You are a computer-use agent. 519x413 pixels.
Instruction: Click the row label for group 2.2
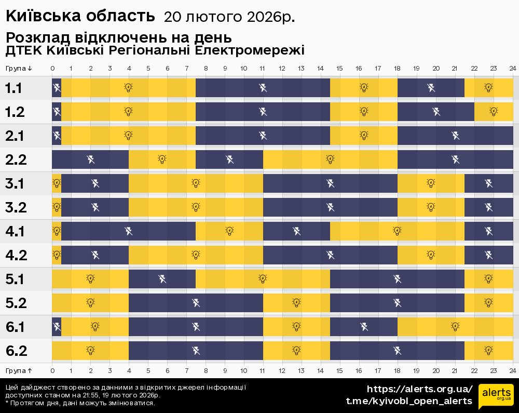click(16, 159)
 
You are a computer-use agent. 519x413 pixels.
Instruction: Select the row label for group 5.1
click(16, 279)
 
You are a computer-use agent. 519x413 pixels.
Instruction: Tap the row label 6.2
click(16, 351)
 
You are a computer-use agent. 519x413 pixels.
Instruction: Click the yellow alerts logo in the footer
click(496, 396)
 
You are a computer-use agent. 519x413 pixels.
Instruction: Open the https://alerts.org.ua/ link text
click(420, 389)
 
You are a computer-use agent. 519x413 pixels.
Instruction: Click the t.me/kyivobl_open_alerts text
click(409, 401)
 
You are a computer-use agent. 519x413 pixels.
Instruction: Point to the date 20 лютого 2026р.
click(229, 17)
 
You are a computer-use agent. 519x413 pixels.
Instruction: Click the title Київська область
click(80, 16)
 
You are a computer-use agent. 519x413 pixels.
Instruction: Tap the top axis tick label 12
click(282, 69)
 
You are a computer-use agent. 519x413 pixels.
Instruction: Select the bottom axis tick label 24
click(512, 370)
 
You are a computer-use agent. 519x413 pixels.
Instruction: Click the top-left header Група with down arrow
click(19, 69)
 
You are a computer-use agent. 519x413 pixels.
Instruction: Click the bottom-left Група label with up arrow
click(19, 370)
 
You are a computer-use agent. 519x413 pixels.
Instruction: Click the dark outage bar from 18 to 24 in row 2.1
click(455, 136)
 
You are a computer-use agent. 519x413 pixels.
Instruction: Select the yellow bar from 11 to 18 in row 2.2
click(330, 159)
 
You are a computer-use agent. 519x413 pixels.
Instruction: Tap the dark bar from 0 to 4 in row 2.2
click(90, 159)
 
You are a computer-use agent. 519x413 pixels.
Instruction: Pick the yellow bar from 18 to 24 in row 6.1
click(455, 327)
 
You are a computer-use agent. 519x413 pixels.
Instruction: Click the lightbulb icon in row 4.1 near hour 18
click(397, 231)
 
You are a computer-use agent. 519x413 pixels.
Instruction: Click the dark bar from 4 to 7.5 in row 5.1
click(162, 279)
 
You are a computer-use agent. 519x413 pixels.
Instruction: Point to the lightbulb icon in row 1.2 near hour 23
click(494, 112)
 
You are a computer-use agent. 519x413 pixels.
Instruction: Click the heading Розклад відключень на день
click(118, 38)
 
